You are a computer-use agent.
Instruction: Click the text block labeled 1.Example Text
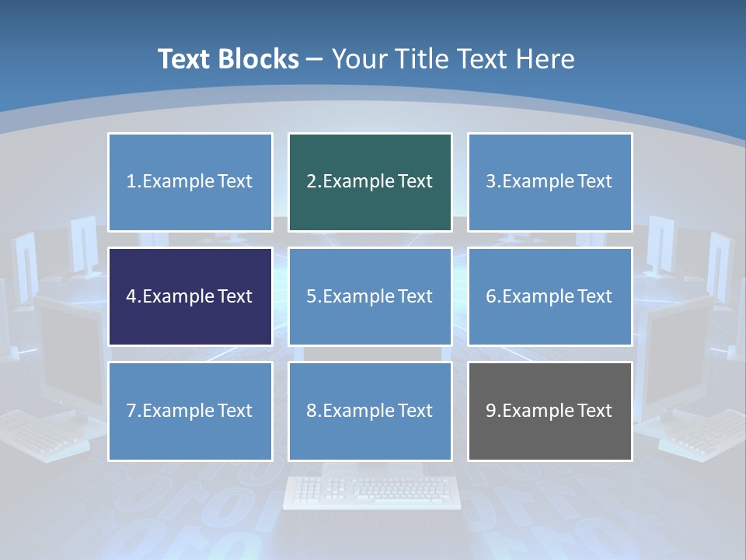[x=190, y=182]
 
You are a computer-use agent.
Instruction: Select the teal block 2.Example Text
[x=370, y=182]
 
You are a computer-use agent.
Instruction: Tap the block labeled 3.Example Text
[x=549, y=182]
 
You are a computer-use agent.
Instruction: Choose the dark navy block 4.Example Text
[x=190, y=296]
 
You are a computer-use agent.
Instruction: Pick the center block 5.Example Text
[x=370, y=296]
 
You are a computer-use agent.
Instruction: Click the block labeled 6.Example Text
[x=549, y=296]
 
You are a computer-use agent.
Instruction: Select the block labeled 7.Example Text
[x=190, y=411]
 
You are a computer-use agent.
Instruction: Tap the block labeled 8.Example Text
[x=370, y=411]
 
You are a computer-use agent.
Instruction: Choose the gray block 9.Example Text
[x=549, y=411]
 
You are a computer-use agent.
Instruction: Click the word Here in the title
[x=547, y=59]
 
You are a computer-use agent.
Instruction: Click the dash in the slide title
[x=315, y=59]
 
